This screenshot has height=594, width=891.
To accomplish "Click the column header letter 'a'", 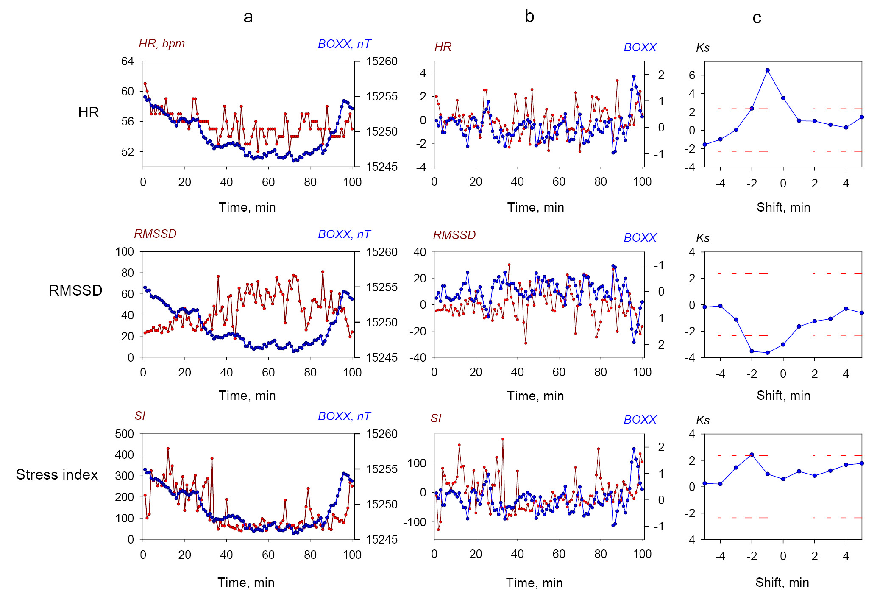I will click(248, 17).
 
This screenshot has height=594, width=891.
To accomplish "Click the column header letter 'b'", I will click(529, 17).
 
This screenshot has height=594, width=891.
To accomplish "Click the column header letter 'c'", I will click(757, 18).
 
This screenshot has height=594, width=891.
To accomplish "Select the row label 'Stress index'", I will click(57, 474).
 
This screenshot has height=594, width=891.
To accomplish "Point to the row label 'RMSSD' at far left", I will click(75, 290).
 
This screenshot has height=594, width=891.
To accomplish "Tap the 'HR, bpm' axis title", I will click(161, 44).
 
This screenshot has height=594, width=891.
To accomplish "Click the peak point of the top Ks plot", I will click(768, 70).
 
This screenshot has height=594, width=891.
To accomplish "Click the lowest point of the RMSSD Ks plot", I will click(768, 353).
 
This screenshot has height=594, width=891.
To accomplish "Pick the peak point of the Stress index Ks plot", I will click(752, 455).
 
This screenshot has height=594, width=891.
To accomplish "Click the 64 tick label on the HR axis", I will click(127, 61).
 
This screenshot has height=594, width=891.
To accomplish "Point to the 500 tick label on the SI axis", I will click(124, 434).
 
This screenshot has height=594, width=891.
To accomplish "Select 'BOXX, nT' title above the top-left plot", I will click(344, 44).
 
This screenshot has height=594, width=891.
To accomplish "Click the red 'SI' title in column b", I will click(436, 418).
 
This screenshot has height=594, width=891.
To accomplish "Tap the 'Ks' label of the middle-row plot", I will click(703, 238).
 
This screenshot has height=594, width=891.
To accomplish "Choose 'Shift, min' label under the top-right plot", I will click(783, 207).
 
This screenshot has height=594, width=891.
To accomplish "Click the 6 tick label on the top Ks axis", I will click(692, 75).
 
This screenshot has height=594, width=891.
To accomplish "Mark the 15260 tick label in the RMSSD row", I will click(381, 252).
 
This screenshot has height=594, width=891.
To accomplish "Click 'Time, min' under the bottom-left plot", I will click(246, 583).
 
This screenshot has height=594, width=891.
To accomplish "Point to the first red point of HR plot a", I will click(145, 84).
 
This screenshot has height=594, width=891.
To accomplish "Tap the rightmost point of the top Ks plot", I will click(862, 117).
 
